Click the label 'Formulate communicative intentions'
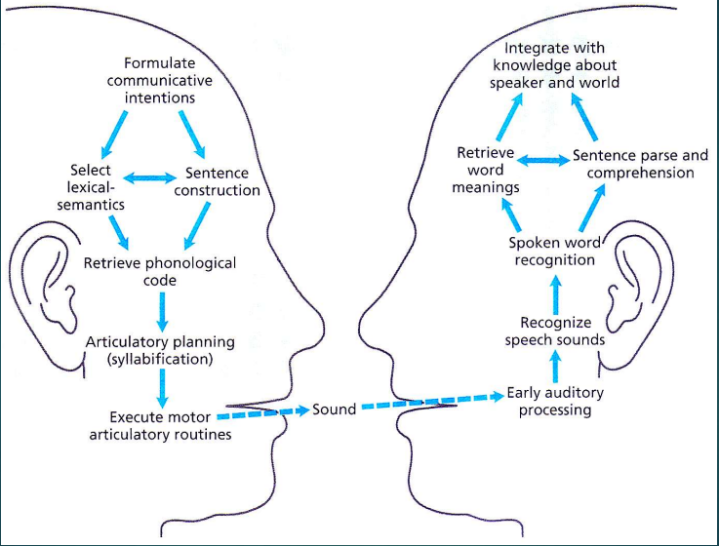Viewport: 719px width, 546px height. click(x=160, y=80)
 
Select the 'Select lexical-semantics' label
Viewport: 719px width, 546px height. click(x=91, y=187)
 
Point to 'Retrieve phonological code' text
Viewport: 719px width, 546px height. click(x=159, y=271)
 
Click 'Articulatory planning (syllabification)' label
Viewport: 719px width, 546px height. click(x=161, y=351)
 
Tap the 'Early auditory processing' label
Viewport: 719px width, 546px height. click(x=555, y=402)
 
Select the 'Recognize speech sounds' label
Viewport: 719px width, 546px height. click(x=554, y=331)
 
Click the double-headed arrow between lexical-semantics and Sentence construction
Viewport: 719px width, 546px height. click(x=147, y=176)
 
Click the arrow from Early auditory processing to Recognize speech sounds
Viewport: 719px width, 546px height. click(x=554, y=368)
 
